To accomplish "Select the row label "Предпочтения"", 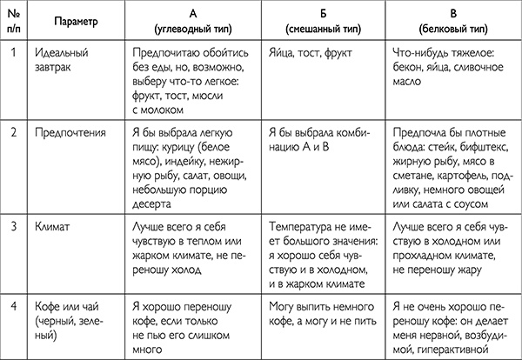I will pos(79,134).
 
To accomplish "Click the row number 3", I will pos(16,223).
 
